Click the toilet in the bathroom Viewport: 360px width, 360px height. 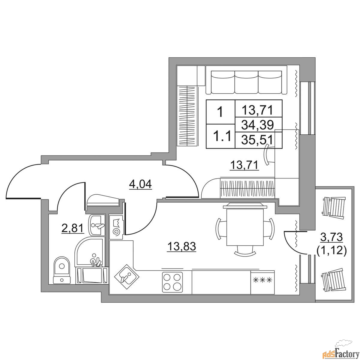coord(62,270)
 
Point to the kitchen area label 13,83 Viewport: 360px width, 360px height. coord(182,246)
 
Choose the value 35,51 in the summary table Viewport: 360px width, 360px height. coord(258,139)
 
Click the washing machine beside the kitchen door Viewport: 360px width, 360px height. coord(116,227)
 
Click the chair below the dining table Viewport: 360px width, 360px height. coord(245,250)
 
